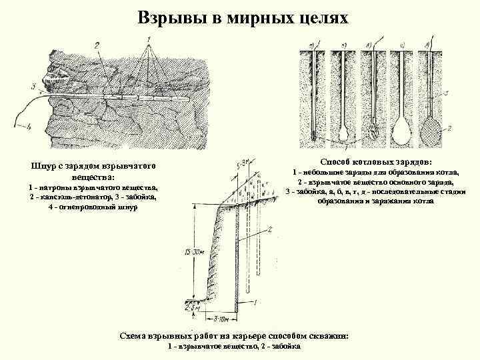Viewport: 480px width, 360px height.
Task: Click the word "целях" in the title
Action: coord(323,17)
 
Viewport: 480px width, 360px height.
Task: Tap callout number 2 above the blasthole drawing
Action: coord(97,45)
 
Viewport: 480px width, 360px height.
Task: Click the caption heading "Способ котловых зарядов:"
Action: coord(376,162)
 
